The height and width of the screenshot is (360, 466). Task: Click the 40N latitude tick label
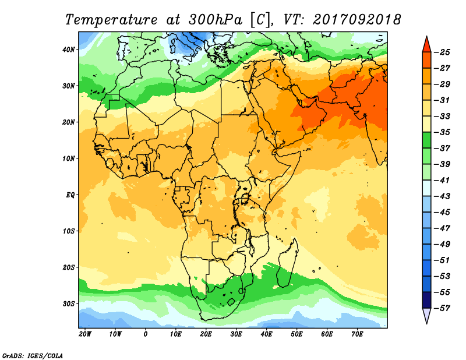click(x=69, y=50)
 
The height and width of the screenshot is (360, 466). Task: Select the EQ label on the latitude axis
click(x=70, y=195)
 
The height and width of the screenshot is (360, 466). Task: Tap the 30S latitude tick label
click(x=69, y=303)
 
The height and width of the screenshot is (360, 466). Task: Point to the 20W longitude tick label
click(x=85, y=334)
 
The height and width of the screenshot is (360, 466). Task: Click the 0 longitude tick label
click(x=145, y=334)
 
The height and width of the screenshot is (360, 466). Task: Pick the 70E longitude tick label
click(x=357, y=334)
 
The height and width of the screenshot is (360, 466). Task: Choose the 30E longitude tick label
click(x=236, y=334)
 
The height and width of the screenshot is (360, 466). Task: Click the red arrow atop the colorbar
click(x=426, y=44)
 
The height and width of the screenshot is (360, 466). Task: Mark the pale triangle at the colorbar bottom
click(x=426, y=315)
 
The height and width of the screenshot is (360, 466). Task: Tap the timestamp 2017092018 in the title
click(x=356, y=19)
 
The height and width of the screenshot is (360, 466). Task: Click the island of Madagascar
click(x=288, y=263)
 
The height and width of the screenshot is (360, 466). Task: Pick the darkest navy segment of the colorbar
click(x=426, y=301)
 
